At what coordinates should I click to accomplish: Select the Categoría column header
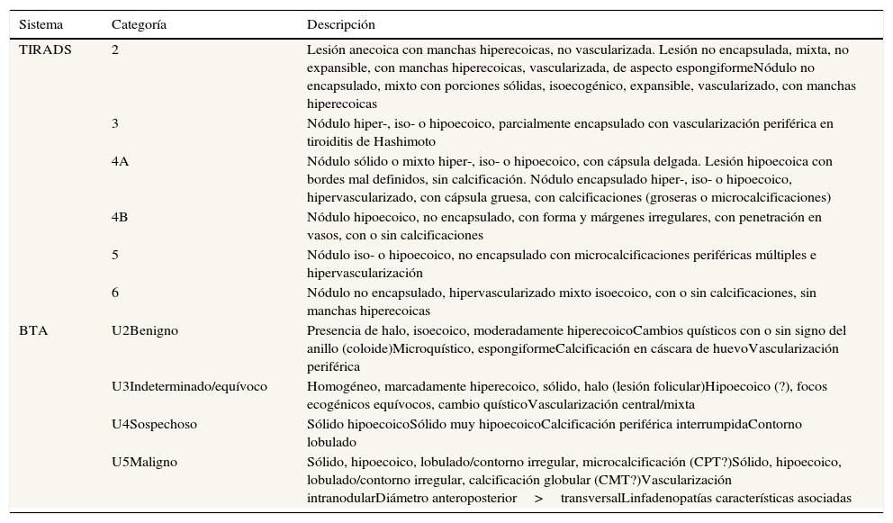139,24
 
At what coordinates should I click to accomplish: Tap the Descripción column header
340,24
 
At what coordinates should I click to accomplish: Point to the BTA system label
33,330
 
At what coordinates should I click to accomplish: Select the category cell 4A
120,161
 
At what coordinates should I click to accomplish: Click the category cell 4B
120,217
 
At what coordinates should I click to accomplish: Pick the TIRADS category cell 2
115,50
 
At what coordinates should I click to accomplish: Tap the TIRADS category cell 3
115,123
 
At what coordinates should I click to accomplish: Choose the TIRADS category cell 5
115,255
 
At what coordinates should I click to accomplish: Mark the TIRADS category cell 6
115,293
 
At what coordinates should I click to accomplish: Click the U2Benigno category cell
145,330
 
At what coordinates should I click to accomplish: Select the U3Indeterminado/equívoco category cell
189,386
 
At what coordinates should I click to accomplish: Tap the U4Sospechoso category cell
154,424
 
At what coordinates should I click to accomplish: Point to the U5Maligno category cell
144,462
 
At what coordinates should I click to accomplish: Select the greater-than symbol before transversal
538,498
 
